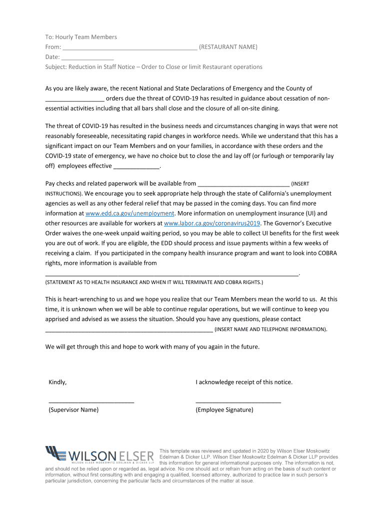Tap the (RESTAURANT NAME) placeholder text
(x=228, y=47)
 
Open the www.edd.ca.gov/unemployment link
(x=129, y=213)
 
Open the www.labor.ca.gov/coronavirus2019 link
(x=212, y=223)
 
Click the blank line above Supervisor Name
(x=91, y=401)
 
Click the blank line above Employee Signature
(x=238, y=401)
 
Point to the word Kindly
(x=57, y=382)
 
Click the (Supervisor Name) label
(x=73, y=410)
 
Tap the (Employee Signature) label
(x=224, y=410)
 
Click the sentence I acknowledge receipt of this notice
(x=244, y=382)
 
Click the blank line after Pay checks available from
(x=243, y=184)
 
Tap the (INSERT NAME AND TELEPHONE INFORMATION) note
(x=271, y=329)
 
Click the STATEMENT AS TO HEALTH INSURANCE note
(x=154, y=282)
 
